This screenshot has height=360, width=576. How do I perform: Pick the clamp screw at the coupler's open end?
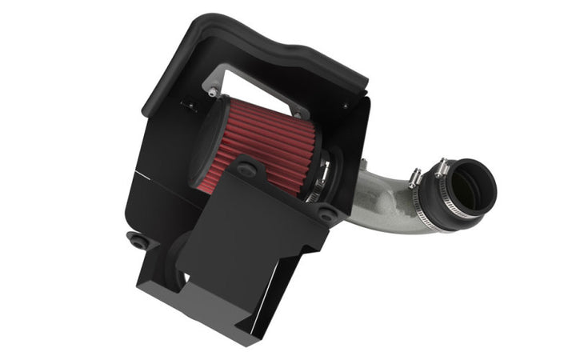point(441,167)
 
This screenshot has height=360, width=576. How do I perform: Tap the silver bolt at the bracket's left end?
point(211,92)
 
